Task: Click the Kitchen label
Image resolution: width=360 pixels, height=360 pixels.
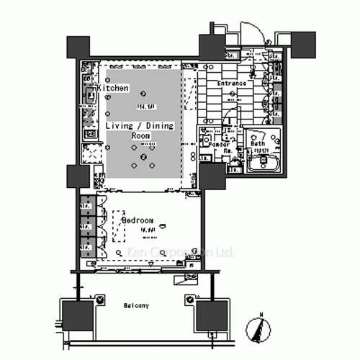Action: click(114, 88)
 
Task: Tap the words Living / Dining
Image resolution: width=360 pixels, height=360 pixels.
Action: click(140, 125)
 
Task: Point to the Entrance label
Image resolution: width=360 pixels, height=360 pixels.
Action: click(232, 84)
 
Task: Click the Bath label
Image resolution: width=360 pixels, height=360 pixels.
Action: click(258, 144)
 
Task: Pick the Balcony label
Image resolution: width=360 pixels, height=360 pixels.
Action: click(135, 306)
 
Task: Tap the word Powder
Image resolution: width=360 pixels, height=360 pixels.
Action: click(219, 144)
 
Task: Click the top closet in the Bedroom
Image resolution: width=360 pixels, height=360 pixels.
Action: click(86, 204)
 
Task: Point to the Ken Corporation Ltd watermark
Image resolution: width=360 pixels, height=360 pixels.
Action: click(180, 252)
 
